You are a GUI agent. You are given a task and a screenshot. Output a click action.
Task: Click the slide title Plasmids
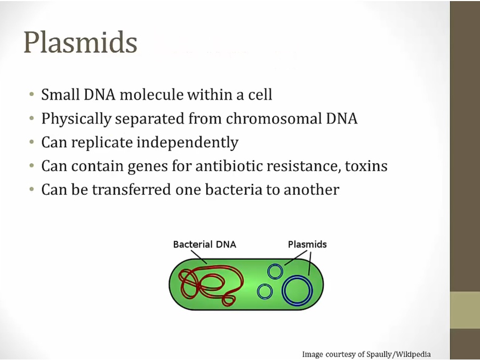tap(80, 42)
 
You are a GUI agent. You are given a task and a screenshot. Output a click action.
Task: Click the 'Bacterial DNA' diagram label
tap(204, 244)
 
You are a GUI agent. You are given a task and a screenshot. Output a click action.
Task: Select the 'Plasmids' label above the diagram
tap(307, 244)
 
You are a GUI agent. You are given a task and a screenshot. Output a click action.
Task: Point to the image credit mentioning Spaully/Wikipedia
tap(366, 354)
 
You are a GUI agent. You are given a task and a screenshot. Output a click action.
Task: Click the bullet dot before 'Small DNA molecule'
tap(32, 94)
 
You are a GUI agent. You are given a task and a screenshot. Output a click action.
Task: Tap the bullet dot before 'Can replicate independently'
tap(32, 142)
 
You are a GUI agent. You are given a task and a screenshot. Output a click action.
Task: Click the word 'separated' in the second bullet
tap(150, 119)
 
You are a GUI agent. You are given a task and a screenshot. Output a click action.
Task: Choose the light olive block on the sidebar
tap(465, 310)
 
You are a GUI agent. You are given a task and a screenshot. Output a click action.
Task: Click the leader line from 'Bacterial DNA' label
tap(199, 257)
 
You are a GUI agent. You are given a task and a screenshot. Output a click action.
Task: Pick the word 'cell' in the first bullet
tap(260, 94)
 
